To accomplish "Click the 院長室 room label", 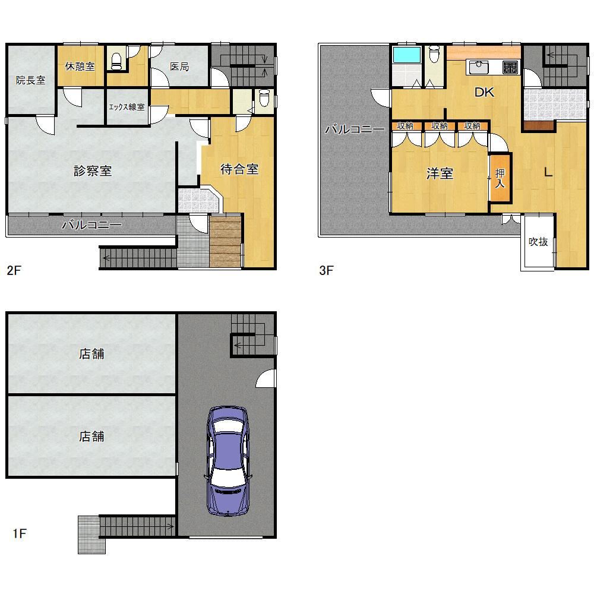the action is (31, 80).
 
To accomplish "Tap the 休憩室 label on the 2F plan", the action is (80, 67).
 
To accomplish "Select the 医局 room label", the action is (179, 67).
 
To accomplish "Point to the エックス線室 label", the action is (127, 107).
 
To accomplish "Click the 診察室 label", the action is (93, 171).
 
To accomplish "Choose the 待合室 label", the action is (239, 169).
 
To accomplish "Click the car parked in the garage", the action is (228, 461).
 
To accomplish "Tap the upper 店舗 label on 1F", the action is (91, 354).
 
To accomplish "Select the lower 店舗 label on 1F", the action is (91, 437).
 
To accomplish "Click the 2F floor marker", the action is (14, 270).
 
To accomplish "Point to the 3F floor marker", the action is (326, 270).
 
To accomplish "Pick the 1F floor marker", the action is (20, 534).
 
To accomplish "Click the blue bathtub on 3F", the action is (407, 55).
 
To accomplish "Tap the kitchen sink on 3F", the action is (479, 68).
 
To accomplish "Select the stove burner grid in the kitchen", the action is (510, 68).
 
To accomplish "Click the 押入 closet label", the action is (500, 178).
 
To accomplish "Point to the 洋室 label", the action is (440, 173).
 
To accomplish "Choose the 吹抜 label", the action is (538, 242).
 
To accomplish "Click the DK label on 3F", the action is (484, 92).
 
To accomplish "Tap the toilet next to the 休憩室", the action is (116, 62).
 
